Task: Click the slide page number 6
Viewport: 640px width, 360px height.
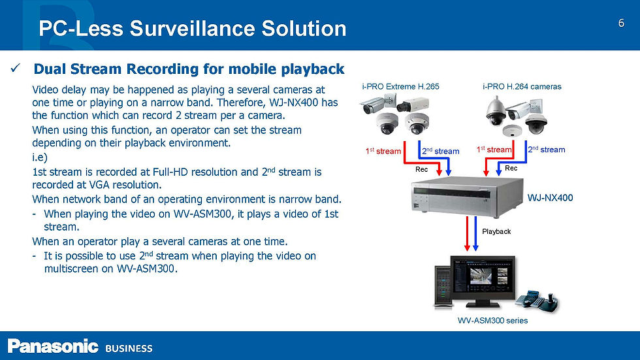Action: pos(621,24)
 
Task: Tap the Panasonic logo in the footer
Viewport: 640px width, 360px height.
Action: pos(53,346)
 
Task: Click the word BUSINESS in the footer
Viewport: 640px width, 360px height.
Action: pos(129,348)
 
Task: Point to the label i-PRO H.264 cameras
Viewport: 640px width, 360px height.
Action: pos(522,86)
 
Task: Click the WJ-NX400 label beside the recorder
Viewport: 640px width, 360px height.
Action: pos(550,197)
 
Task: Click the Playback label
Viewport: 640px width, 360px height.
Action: pos(496,231)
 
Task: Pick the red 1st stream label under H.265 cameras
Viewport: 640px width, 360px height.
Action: pos(383,151)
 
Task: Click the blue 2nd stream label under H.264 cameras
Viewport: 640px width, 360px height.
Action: pos(546,150)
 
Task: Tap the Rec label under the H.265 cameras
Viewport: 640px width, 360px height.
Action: pos(422,169)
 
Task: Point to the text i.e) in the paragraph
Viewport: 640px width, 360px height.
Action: pos(39,157)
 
